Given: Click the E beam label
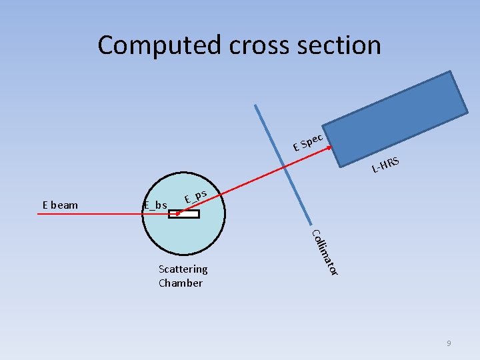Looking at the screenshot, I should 60,205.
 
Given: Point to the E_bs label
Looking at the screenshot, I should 155,205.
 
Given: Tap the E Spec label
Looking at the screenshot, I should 308,141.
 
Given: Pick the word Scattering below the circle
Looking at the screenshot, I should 183,269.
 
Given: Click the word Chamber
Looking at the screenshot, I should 180,283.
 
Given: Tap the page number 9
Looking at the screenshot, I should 449,343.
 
